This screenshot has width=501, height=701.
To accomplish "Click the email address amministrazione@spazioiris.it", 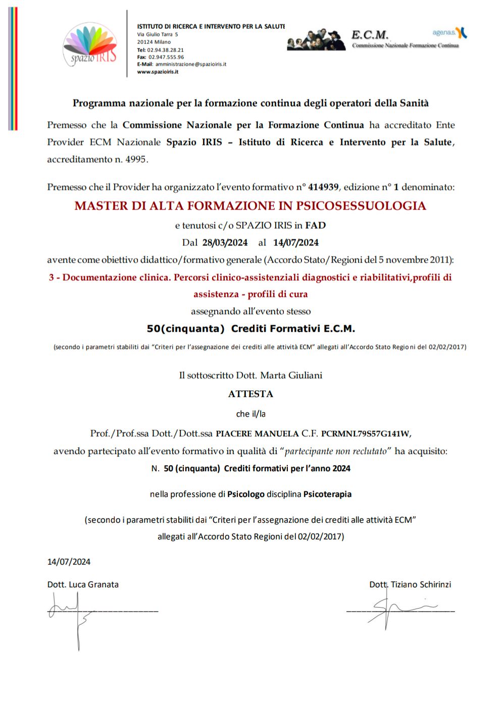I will coord(190,65).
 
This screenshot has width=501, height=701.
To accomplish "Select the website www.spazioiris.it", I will coord(158,72).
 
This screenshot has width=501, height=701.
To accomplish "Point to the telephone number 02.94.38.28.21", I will coord(165,50).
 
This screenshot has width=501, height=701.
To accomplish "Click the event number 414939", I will coord(323,187).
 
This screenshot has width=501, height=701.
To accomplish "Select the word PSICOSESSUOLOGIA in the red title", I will coord(361,206).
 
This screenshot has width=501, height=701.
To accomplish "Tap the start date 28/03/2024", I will coord(225,242).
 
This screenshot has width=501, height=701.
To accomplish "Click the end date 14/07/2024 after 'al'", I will coord(295,242).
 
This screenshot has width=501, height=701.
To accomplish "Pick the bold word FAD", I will coord(315,225).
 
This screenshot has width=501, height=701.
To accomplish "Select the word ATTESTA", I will coord(250,394).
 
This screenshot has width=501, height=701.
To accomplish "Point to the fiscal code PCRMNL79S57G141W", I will coord(365,433).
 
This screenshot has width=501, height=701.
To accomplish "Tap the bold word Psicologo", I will coord(245,494).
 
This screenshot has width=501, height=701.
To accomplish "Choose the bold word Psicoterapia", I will coord(327,494).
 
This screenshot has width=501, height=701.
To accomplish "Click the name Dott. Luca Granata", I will coord(83,584).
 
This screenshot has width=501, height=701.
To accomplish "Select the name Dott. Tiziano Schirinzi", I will coord(410,584).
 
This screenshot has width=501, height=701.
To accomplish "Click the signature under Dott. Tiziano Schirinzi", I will coord(399,609).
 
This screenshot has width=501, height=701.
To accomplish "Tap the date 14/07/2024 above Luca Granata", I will coord(69,562).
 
